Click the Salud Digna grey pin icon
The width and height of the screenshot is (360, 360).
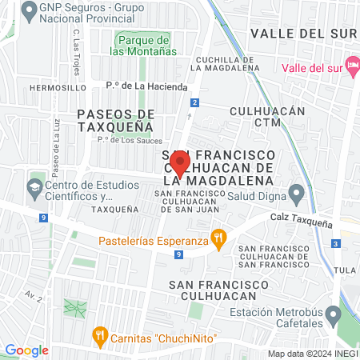(x=297, y=193)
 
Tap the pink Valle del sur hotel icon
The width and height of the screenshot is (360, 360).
(x=351, y=64)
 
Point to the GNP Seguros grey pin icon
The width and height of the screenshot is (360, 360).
(x=31, y=11)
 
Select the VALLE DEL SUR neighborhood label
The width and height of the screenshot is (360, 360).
(x=300, y=33)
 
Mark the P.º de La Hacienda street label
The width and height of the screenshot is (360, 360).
(x=146, y=86)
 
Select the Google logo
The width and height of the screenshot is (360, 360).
(x=26, y=350)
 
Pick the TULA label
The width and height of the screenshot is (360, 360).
(x=348, y=270)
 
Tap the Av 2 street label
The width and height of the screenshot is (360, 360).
(x=33, y=295)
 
